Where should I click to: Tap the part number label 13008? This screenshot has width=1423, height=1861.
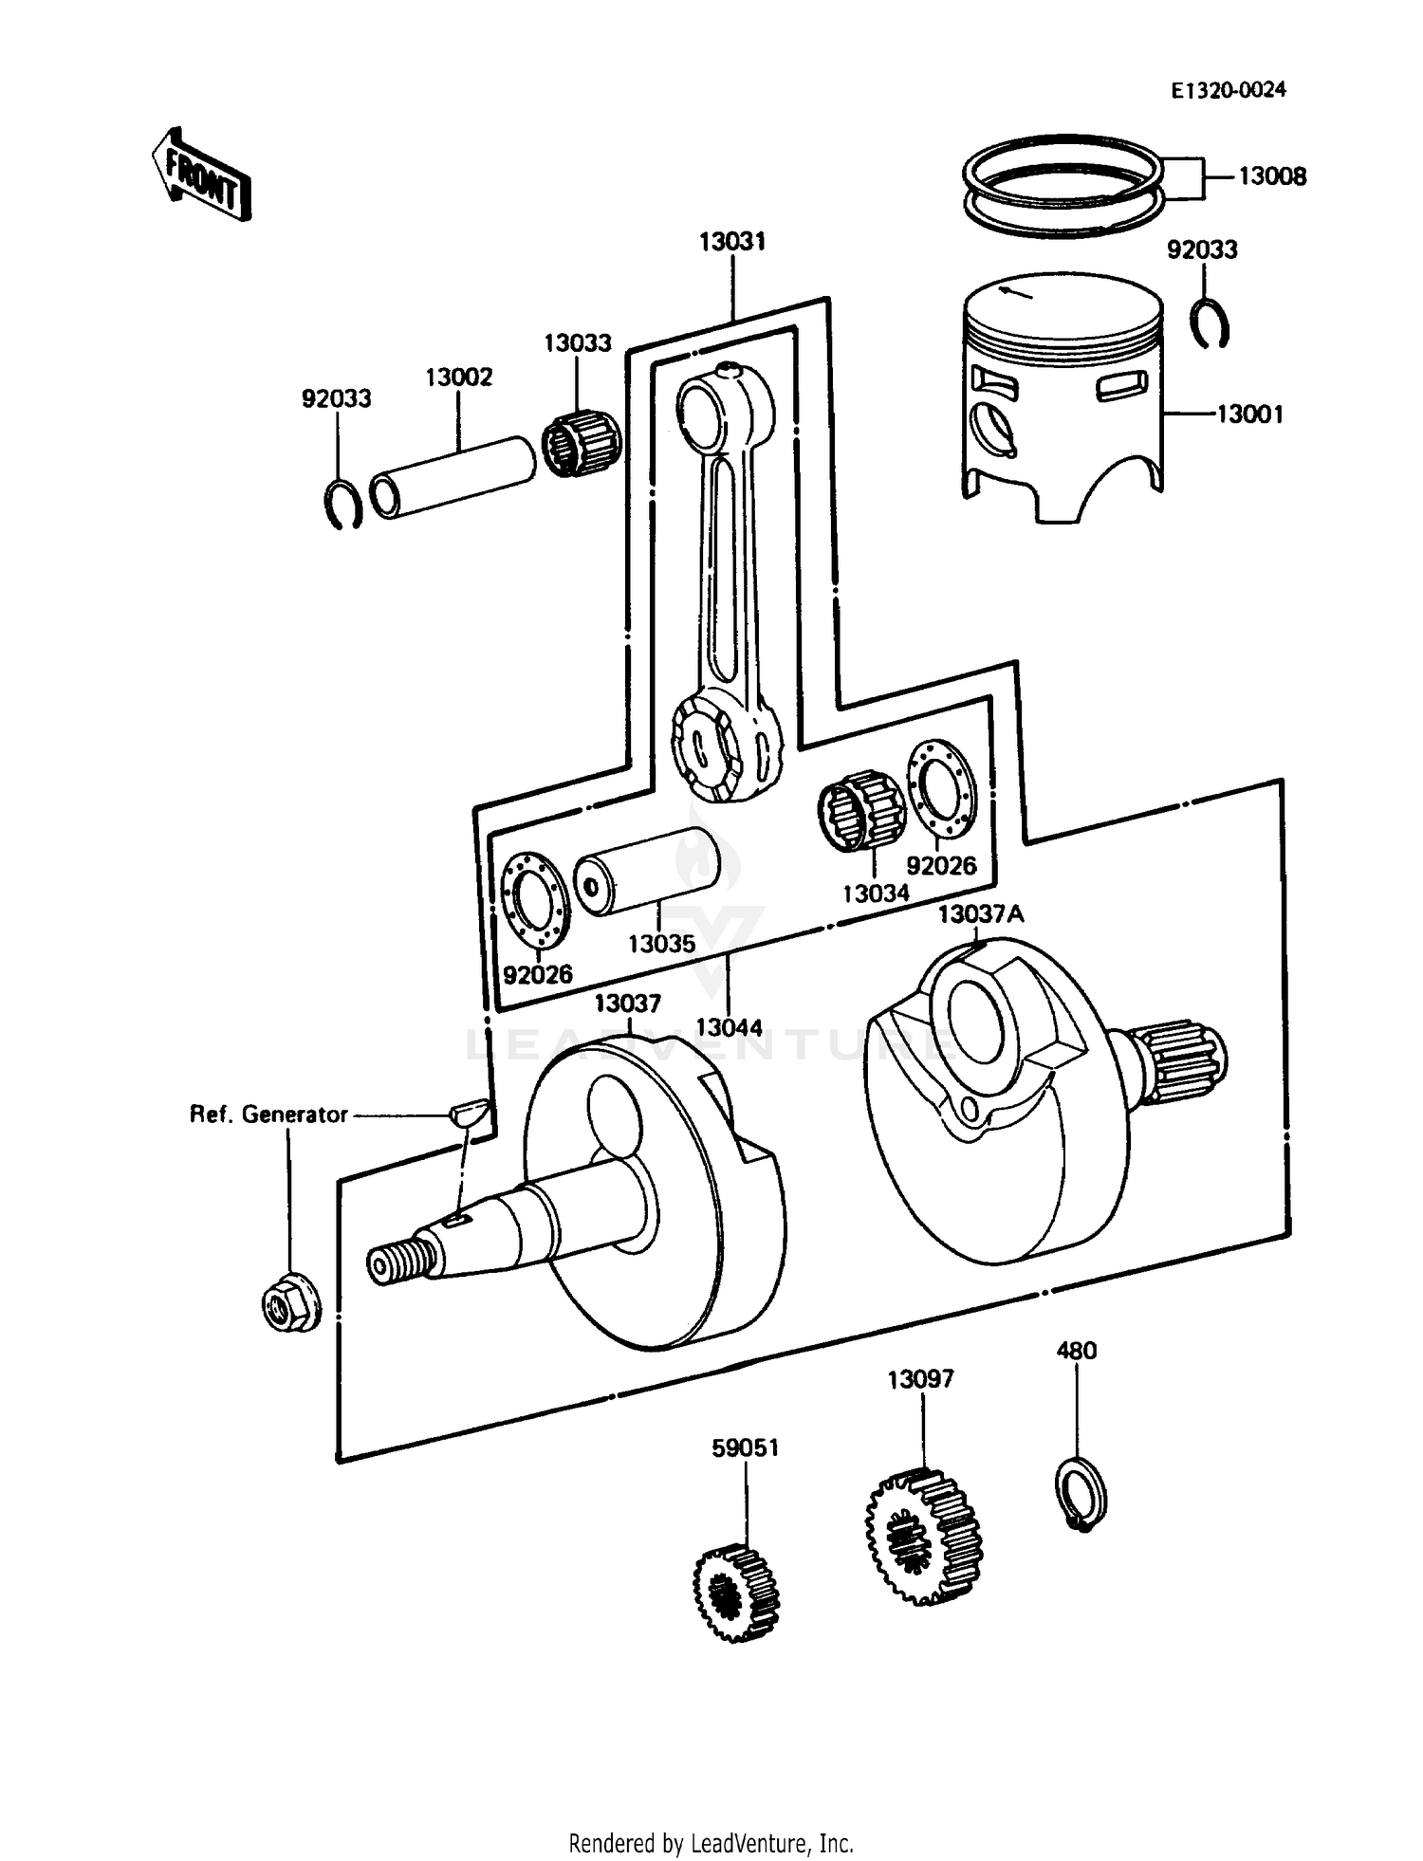tap(1271, 177)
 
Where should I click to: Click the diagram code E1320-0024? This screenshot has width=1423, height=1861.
tap(1228, 90)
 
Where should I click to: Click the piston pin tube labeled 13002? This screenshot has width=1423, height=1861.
tap(452, 477)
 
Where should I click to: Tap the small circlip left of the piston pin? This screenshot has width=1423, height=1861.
tap(342, 504)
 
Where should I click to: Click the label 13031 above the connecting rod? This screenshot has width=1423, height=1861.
tap(731, 242)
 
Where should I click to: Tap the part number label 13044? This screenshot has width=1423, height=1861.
tap(728, 1027)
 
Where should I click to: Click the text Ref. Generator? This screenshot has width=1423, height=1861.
tap(268, 1115)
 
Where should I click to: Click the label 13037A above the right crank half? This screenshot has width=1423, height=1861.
tap(980, 914)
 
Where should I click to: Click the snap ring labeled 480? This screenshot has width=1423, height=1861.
tap(1081, 1492)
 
